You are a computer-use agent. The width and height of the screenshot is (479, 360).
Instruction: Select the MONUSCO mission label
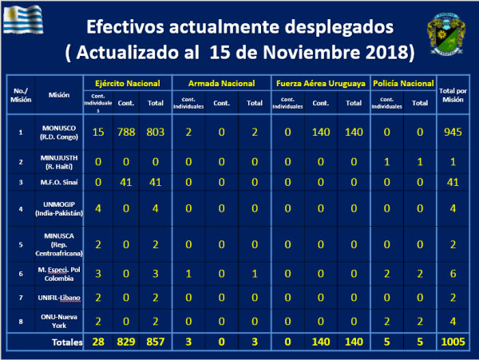point(58,130)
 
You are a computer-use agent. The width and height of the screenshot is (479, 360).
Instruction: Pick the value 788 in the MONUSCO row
point(125,130)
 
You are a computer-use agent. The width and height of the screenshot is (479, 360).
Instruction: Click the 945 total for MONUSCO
point(454,130)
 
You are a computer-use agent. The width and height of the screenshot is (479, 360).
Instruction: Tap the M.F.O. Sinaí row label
point(58,182)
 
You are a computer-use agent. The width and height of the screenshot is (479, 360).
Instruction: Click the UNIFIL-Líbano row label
point(58,296)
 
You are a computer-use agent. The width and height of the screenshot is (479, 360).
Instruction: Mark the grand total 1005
point(454,342)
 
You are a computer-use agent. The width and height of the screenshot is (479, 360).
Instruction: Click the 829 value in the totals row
point(125,342)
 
